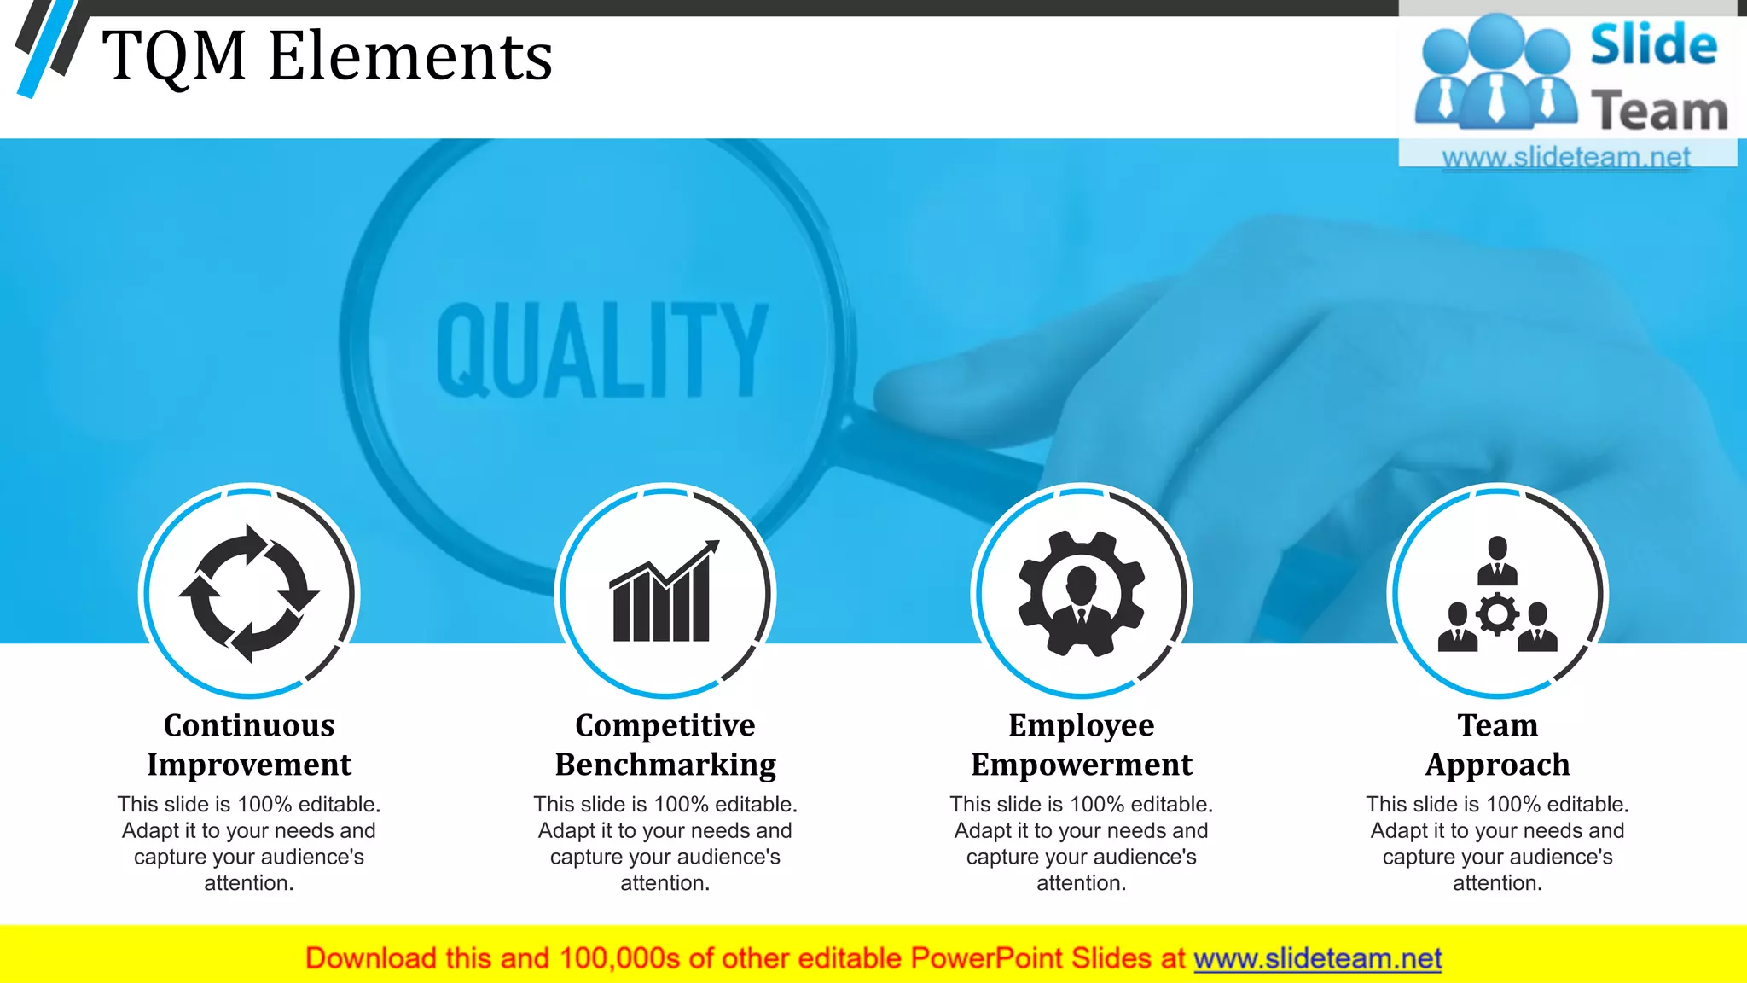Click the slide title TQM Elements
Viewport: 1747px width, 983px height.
pos(327,56)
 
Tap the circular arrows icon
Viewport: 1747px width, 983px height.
pos(249,593)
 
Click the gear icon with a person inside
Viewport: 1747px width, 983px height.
pos(1081,593)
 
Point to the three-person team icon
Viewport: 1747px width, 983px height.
pos(1497,595)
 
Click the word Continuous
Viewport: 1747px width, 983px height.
pos(249,725)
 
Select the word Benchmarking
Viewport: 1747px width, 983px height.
pos(665,765)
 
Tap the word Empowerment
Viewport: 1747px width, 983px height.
pos(1082,765)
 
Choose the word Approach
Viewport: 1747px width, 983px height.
pos(1497,765)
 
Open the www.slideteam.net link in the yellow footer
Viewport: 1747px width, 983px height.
pos(1317,958)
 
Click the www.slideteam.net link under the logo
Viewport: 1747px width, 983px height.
pos(1565,157)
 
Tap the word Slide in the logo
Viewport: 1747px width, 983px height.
pos(1653,45)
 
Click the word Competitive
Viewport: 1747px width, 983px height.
pos(665,725)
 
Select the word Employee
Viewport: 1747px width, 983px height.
pos(1082,725)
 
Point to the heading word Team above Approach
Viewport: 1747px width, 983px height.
pos(1497,725)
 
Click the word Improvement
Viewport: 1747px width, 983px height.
pos(249,765)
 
